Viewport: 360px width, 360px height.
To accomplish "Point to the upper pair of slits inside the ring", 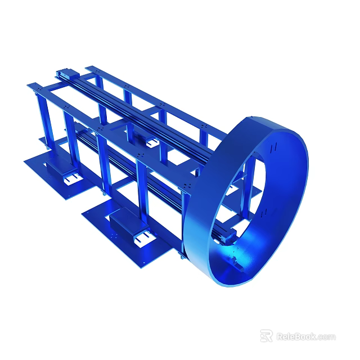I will tap(273, 148).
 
